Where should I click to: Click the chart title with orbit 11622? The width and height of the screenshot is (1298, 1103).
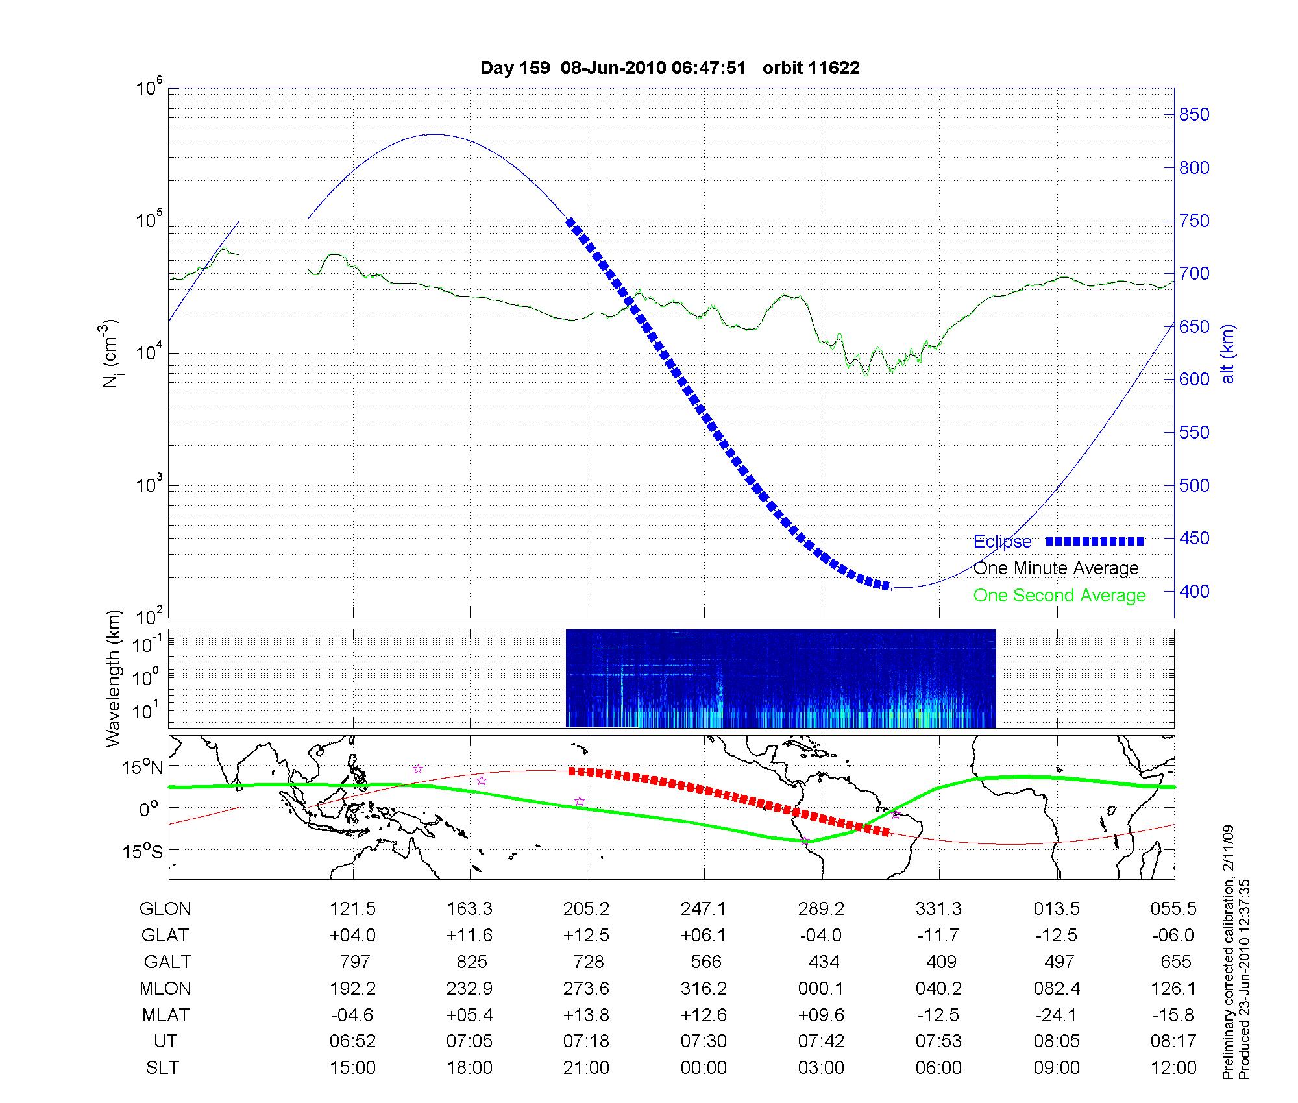(670, 68)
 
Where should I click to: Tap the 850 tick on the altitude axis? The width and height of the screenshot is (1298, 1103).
(1194, 115)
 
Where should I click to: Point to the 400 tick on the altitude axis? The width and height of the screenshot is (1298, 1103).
(1194, 591)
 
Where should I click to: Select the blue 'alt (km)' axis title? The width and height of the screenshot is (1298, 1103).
(1227, 354)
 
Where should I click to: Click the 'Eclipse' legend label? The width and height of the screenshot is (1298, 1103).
(1002, 542)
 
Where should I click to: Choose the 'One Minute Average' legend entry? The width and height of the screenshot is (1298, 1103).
(1056, 568)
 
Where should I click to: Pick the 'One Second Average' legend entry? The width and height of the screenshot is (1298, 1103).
(1059, 596)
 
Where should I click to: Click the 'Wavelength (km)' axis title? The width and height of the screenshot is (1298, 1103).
(114, 679)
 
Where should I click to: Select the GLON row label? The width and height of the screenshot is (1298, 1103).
(165, 909)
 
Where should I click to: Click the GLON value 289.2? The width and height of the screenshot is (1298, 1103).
(821, 909)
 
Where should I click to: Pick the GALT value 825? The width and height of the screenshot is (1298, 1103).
(471, 962)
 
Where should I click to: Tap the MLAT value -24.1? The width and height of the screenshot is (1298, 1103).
(1057, 1015)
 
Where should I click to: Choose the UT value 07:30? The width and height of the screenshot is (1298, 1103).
(704, 1041)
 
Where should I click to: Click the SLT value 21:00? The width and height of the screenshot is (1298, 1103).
(586, 1068)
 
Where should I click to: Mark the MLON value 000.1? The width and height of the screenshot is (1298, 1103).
(821, 989)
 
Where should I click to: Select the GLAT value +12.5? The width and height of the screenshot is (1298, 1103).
(586, 936)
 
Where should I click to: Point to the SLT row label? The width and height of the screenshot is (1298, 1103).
(162, 1068)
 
